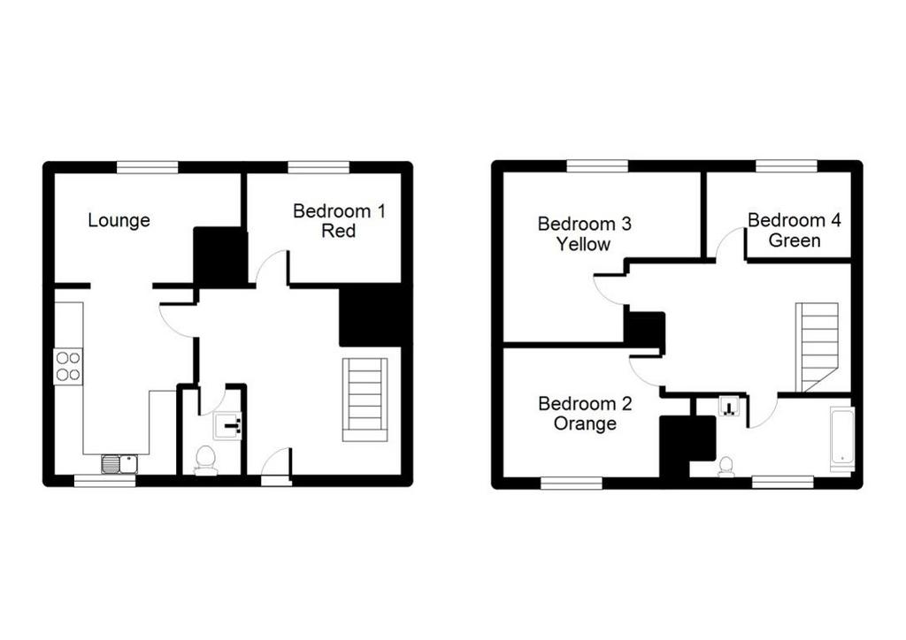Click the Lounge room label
point(119,220)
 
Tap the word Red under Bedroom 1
point(339,231)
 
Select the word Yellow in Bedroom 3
point(584,244)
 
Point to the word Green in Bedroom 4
point(795,240)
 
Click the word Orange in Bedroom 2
point(585,423)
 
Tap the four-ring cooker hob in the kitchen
point(68,367)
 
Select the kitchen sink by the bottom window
point(119,464)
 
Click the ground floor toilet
point(205,461)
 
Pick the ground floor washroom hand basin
point(227,426)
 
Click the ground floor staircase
point(365,400)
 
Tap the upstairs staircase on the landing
point(817,347)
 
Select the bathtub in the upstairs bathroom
point(842,439)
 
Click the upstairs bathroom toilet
point(726,466)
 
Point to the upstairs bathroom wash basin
point(729,407)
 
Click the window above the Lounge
point(148,167)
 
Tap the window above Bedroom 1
point(319,167)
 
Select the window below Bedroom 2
point(572,483)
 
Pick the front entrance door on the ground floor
point(276,465)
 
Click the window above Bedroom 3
point(597,166)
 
